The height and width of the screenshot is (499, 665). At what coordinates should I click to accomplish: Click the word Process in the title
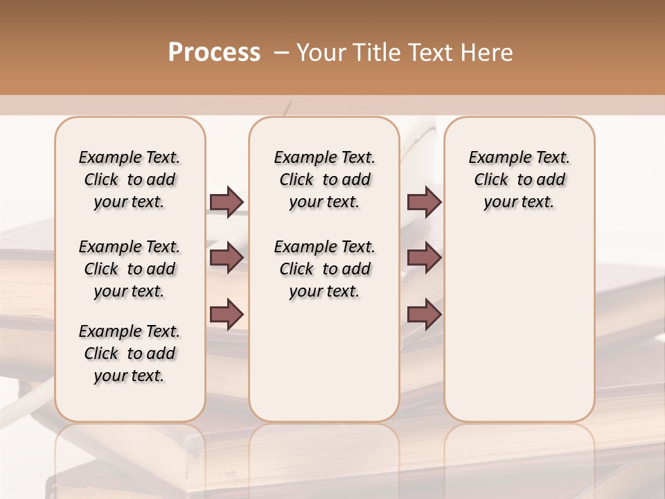point(214,52)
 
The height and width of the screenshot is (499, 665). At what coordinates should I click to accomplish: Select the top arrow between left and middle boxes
point(227,202)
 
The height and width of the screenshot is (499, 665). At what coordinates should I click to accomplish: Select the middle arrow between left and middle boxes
point(227,258)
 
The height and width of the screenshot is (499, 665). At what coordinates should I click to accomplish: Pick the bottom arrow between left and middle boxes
point(227,315)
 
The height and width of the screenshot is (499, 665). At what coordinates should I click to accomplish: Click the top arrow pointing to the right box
point(424,202)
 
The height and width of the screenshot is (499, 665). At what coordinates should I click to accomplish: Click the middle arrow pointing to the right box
point(424,258)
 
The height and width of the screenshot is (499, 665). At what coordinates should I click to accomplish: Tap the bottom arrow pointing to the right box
point(424,315)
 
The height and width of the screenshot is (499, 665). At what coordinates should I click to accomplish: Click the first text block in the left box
point(130,180)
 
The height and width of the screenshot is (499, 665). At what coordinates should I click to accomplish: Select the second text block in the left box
point(130,269)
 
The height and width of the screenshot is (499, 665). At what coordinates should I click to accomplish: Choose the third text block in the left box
point(130,353)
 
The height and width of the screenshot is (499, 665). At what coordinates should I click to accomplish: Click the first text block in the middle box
point(324,180)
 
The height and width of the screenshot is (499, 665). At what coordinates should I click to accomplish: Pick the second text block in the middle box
point(324,269)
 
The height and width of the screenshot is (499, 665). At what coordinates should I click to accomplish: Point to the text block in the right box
point(519,180)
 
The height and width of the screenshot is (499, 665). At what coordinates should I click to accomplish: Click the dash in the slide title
point(281,53)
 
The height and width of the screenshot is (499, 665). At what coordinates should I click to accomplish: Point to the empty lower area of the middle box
point(324,360)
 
